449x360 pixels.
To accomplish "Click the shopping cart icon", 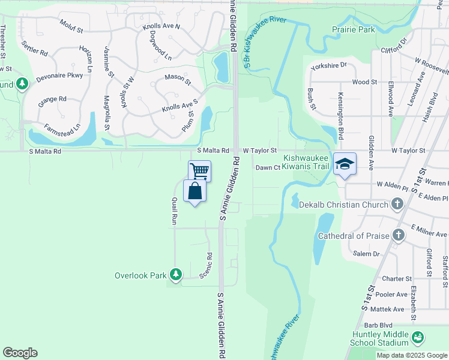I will pyautogui.click(x=199, y=170).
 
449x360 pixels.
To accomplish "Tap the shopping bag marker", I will pyautogui.click(x=194, y=191).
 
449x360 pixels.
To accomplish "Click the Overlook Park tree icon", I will pyautogui.click(x=175, y=275).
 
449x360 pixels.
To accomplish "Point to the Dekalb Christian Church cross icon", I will pyautogui.click(x=397, y=205).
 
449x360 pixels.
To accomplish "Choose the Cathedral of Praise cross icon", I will pyautogui.click(x=397, y=235).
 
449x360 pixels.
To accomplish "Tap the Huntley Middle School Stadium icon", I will pyautogui.click(x=417, y=339).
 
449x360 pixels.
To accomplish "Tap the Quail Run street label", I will pyautogui.click(x=175, y=211).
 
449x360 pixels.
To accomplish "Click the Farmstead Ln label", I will pyautogui.click(x=62, y=128).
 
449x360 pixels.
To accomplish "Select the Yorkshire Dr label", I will pyautogui.click(x=329, y=65).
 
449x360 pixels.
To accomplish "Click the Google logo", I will pyautogui.click(x=20, y=353).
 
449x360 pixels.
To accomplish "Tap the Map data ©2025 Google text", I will pyautogui.click(x=411, y=355).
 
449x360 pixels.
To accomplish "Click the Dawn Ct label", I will pyautogui.click(x=268, y=167).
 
